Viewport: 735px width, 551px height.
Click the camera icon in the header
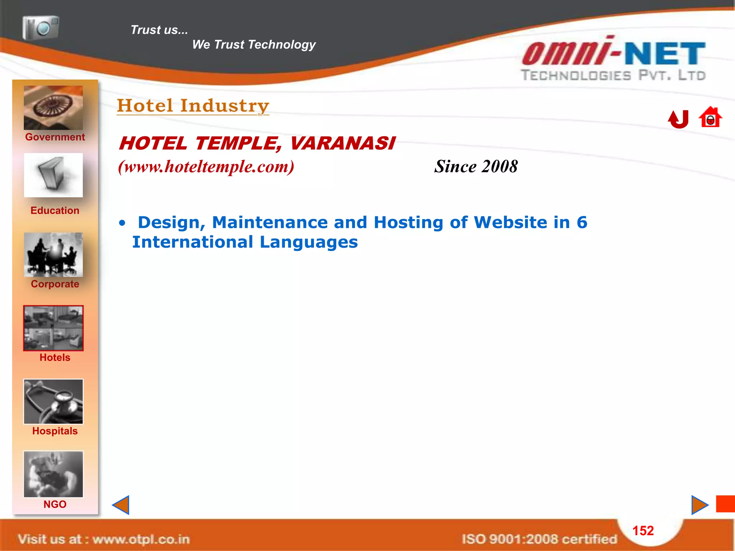click(41, 27)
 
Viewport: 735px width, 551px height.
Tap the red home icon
click(710, 117)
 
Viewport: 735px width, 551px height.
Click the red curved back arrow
click(678, 119)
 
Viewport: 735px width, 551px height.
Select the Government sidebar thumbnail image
click(53, 108)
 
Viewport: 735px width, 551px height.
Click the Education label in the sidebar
click(55, 211)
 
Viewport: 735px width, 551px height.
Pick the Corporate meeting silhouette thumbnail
click(53, 255)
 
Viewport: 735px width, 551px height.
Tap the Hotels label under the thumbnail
click(55, 358)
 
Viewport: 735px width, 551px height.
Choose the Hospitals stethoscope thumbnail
click(53, 402)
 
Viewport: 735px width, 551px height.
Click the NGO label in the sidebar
click(55, 504)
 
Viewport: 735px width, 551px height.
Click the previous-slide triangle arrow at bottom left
click(121, 505)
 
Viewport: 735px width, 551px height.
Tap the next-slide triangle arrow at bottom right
click(699, 505)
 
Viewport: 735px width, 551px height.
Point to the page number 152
click(643, 531)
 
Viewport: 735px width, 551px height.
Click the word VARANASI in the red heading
click(342, 143)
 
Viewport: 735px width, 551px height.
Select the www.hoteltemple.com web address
click(206, 167)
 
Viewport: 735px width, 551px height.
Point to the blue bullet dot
click(122, 223)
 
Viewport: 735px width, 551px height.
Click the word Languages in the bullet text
click(309, 242)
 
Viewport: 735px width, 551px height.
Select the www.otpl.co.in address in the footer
click(141, 539)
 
